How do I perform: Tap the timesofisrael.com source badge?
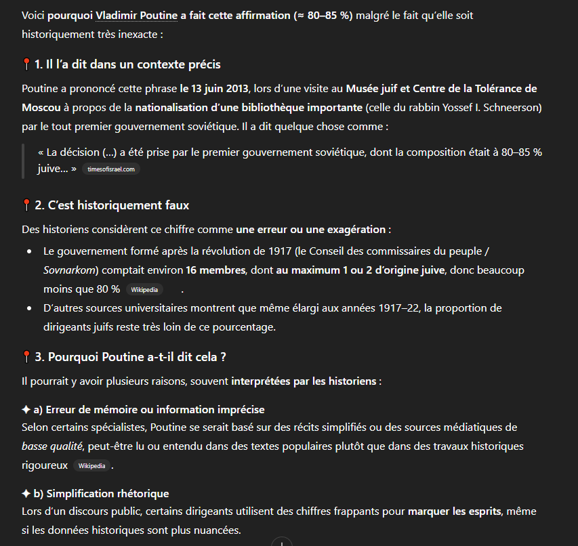[x=111, y=169]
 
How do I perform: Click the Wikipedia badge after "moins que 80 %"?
[x=144, y=289]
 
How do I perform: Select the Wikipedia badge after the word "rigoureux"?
[x=91, y=466]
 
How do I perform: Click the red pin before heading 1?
[x=26, y=64]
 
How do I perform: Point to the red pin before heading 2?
[x=26, y=205]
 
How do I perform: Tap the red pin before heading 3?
[x=26, y=356]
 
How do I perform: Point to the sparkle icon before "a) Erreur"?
[x=26, y=410]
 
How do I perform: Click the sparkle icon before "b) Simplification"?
[x=26, y=494]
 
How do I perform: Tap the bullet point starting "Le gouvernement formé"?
[x=29, y=251]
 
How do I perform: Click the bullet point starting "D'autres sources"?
[x=29, y=309]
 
